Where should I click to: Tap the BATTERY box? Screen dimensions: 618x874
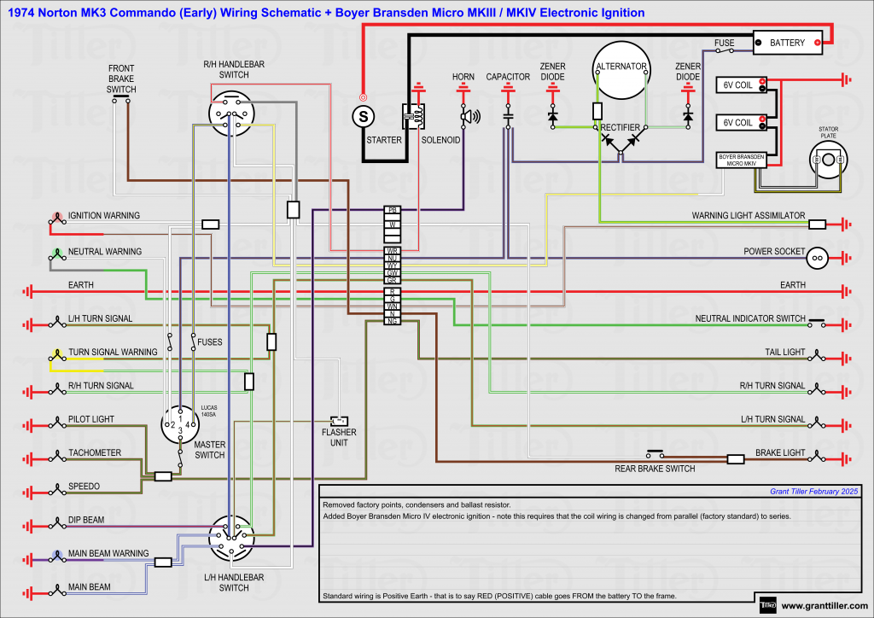787,42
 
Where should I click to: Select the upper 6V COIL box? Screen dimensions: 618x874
738,84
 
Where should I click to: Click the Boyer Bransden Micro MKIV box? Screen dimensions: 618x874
740,160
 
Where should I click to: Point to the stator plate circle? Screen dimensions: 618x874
828,160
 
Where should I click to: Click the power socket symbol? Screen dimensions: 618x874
817,256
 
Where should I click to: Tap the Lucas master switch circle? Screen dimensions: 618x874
181,423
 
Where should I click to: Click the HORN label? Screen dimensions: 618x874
463,77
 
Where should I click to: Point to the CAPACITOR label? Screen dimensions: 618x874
508,77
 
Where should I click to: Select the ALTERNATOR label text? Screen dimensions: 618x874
621,67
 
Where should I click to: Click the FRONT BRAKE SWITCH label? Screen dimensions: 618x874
121,79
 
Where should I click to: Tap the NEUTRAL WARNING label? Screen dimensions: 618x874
105,252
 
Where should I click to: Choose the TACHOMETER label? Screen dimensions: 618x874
95,452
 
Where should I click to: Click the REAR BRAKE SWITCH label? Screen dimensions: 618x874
655,469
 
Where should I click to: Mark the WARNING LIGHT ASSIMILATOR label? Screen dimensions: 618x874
748,216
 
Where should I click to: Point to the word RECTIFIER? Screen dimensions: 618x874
621,127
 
